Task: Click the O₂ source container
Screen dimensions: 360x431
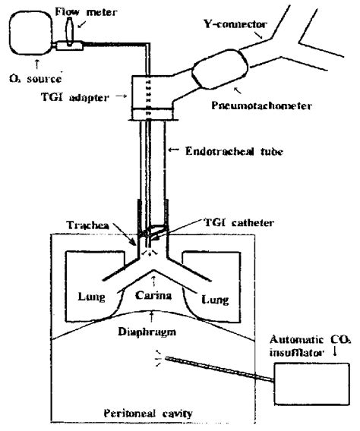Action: pos(30,33)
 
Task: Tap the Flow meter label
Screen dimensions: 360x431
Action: pos(86,12)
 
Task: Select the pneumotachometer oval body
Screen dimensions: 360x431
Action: pos(220,69)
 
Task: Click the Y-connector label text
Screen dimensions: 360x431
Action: pos(235,24)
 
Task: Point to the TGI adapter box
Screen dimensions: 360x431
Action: pos(153,98)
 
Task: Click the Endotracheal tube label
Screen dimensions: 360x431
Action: pos(235,151)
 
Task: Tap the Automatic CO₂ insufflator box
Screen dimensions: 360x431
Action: pos(312,384)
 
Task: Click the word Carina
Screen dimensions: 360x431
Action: pos(153,295)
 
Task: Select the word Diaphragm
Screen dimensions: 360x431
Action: pos(147,332)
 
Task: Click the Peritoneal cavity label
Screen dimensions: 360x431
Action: pos(148,413)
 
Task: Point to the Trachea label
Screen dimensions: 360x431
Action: pos(88,225)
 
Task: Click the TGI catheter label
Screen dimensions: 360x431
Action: pos(238,222)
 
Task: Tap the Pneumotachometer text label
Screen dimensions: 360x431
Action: pos(261,105)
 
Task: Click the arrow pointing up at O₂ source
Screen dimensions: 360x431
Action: pos(36,64)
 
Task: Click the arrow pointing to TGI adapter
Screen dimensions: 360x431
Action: pos(122,96)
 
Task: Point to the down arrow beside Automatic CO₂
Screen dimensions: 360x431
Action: pos(335,351)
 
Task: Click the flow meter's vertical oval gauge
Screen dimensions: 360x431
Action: pos(69,31)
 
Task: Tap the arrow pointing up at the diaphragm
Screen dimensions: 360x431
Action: pos(150,316)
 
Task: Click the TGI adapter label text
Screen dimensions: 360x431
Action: pos(74,97)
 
